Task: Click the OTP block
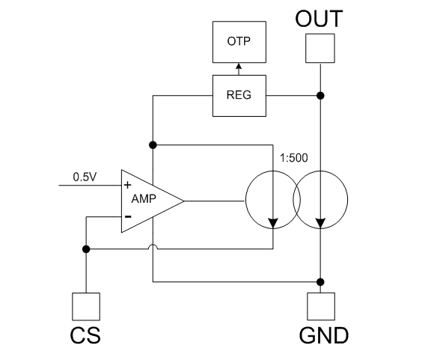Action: click(x=239, y=42)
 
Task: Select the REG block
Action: click(x=239, y=96)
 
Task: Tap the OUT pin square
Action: click(x=320, y=48)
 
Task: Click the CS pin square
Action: click(x=86, y=307)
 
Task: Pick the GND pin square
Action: click(x=321, y=306)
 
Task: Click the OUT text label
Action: click(x=319, y=19)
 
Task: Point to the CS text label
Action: click(x=85, y=335)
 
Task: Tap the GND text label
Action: click(x=324, y=335)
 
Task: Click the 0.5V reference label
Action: click(x=85, y=177)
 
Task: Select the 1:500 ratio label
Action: click(x=293, y=158)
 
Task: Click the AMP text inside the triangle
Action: click(x=144, y=198)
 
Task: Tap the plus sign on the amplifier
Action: click(x=127, y=185)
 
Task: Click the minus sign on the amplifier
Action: click(x=128, y=216)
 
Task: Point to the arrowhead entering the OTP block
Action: click(x=239, y=66)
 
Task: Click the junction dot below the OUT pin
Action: click(x=320, y=96)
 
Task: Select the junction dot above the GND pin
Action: click(x=320, y=282)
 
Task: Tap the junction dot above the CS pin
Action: click(x=86, y=249)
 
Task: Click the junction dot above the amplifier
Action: click(x=153, y=145)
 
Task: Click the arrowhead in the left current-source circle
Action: click(x=273, y=223)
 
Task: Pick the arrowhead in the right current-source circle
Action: click(x=320, y=223)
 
